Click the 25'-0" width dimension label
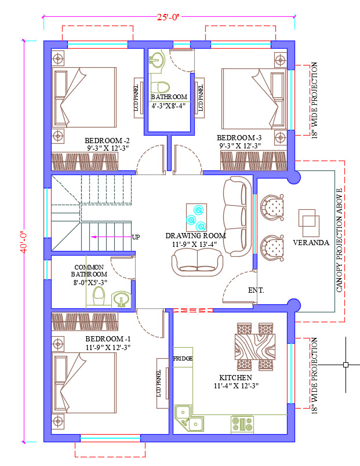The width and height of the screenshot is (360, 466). [x=169, y=17]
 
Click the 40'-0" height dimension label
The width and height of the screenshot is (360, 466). [x=24, y=242]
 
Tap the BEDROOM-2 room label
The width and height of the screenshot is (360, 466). [x=107, y=141]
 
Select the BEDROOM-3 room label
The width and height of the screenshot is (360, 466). [x=239, y=138]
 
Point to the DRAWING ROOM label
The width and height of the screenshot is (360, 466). [x=195, y=236]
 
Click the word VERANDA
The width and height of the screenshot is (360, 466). [x=311, y=242]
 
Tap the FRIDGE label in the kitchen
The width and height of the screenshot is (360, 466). [x=183, y=359]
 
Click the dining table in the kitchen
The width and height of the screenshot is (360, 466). [x=255, y=347]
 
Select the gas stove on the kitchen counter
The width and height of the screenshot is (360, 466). [x=242, y=424]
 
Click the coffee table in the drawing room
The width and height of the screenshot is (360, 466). [x=197, y=217]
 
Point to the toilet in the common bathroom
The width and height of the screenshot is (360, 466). [x=99, y=296]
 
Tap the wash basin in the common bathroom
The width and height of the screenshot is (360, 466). [x=121, y=299]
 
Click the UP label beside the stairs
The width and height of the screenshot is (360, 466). [x=136, y=237]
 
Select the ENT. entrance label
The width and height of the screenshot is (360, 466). [x=256, y=290]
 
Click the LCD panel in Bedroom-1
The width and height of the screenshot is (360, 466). [x=163, y=383]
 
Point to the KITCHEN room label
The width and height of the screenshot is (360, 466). [x=236, y=378]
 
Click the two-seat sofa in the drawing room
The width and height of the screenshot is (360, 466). [x=197, y=262]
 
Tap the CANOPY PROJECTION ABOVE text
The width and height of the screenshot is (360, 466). [x=339, y=240]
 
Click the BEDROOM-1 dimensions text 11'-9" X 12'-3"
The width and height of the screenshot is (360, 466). [x=108, y=347]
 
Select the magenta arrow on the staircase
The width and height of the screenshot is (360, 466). [x=111, y=237]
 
